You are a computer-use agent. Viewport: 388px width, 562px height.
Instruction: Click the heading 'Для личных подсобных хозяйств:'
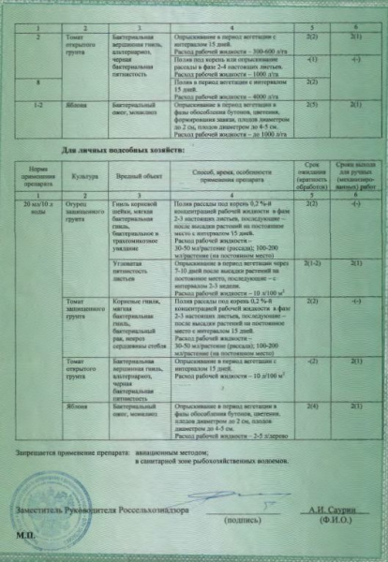coord(132,150)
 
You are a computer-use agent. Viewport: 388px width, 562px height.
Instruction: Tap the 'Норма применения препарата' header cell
coord(38,175)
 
